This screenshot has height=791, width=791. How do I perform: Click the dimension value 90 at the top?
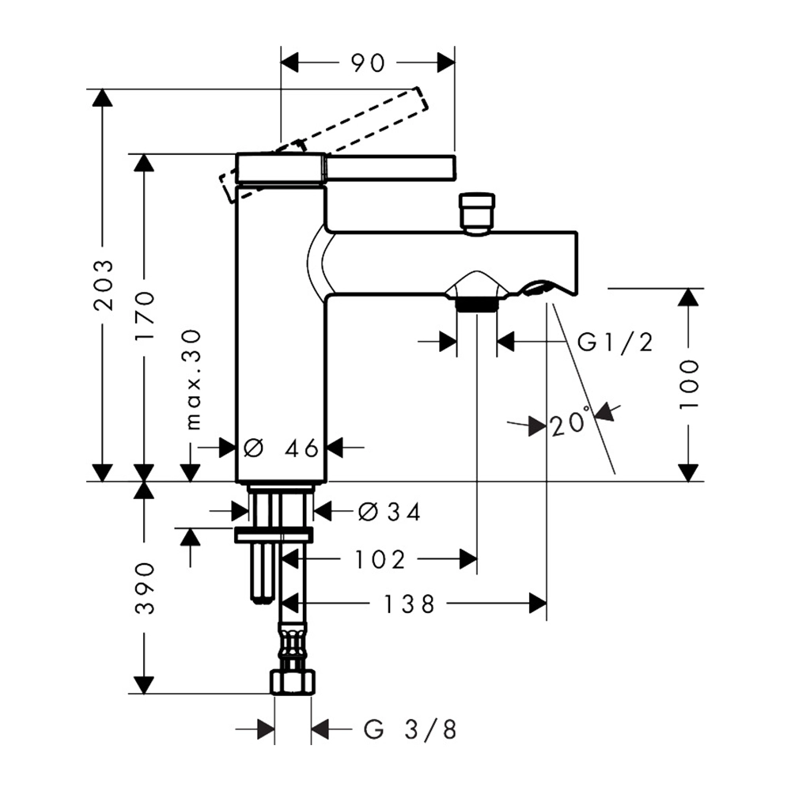coord(368,63)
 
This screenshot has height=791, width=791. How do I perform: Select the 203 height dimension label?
coord(104,285)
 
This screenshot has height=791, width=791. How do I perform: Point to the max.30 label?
coord(194,380)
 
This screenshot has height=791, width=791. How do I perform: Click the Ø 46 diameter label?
coord(281,448)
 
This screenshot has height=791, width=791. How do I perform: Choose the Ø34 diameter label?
coord(389,513)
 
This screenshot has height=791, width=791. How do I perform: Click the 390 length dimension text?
coord(145,588)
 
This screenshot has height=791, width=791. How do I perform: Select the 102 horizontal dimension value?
coord(380,559)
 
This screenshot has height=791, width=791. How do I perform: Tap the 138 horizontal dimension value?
coord(409,604)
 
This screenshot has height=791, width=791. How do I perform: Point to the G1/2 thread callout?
coord(615,343)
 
